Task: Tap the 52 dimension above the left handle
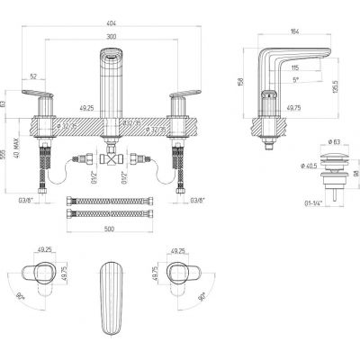pyautogui.click(x=34, y=77)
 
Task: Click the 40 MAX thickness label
pyautogui.click(x=16, y=162)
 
